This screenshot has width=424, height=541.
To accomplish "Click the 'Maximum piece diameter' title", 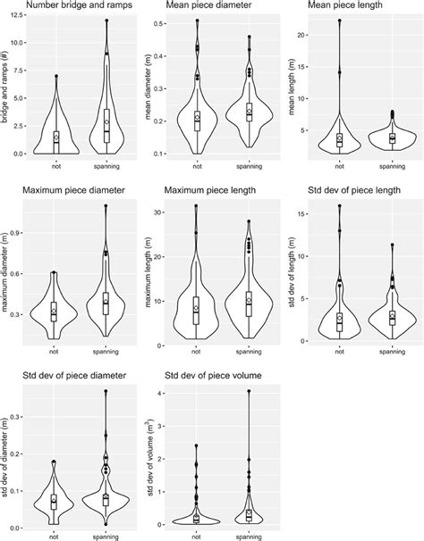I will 69,189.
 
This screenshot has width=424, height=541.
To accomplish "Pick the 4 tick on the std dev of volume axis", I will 164,393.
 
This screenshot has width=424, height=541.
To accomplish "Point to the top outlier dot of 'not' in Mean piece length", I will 339,20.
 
